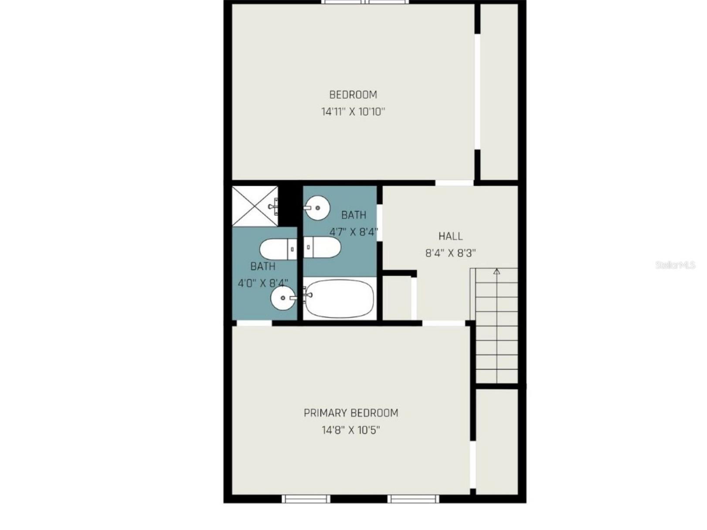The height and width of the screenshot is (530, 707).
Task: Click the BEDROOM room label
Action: (x=353, y=95)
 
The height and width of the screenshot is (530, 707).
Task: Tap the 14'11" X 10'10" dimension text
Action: (x=353, y=112)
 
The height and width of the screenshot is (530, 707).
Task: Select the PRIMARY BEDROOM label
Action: (x=351, y=413)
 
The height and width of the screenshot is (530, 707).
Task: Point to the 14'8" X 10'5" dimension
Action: (x=351, y=430)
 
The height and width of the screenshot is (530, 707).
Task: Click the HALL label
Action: (x=450, y=236)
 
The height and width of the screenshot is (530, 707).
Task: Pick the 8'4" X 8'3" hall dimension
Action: (x=450, y=253)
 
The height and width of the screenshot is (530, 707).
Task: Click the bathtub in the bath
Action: (x=340, y=299)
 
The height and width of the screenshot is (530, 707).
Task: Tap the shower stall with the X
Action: (x=255, y=206)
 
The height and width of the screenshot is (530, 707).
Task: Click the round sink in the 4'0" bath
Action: (x=282, y=298)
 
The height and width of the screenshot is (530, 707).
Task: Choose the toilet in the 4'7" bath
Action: (x=323, y=247)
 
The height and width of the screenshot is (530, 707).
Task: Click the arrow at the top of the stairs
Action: (x=496, y=272)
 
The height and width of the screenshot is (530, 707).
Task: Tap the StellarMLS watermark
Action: (x=675, y=265)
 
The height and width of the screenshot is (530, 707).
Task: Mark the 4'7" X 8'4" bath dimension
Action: (x=353, y=232)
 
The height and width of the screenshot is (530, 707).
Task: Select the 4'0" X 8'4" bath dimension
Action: (x=263, y=283)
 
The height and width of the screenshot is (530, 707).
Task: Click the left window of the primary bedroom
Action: (x=306, y=499)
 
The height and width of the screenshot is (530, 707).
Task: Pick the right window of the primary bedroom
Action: (x=413, y=499)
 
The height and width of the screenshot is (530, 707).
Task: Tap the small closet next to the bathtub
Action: (x=397, y=299)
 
